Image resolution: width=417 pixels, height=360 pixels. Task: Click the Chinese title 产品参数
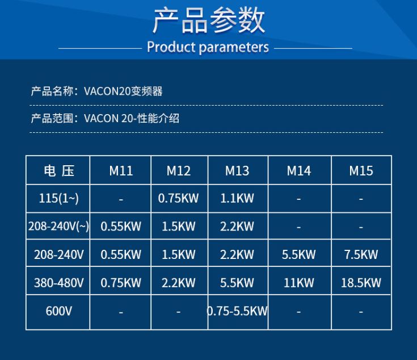point(208,21)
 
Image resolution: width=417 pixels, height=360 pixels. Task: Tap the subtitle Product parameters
point(208,47)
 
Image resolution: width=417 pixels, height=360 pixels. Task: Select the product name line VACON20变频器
point(96,91)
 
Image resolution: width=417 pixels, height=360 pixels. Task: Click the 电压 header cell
point(58,170)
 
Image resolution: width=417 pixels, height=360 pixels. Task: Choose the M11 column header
point(121,170)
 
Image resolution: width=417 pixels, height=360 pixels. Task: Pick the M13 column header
point(237,170)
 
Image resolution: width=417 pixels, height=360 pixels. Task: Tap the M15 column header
point(361,170)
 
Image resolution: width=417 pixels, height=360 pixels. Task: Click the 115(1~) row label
point(58,198)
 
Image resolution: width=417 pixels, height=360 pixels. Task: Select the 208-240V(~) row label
point(58,226)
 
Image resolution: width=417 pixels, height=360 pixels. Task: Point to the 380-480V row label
point(58,282)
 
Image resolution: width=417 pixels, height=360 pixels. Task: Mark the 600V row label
point(58,311)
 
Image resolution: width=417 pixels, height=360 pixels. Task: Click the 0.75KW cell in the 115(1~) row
point(179,198)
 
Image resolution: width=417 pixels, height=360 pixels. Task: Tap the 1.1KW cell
point(237,198)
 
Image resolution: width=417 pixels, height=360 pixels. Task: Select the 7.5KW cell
point(361,254)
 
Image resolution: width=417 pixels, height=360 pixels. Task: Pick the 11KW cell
point(298,282)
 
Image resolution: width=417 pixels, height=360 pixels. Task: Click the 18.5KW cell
point(361,282)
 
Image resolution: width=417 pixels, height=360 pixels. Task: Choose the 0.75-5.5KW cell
point(238,311)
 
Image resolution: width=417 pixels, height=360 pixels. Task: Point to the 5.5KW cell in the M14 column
point(298,254)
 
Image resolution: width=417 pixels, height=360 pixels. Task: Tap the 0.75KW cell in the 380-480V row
point(121,282)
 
